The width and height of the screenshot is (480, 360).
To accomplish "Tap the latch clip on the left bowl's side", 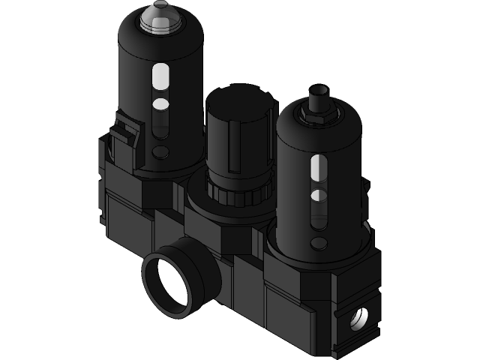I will tap(124, 138).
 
